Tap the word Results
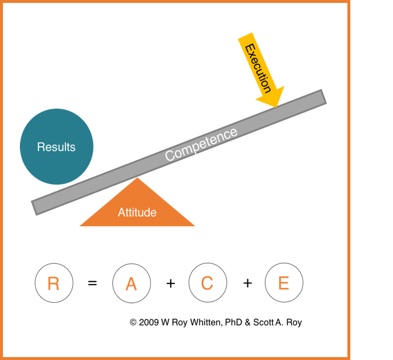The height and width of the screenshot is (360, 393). point(56,147)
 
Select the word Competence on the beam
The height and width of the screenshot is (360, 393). point(201,144)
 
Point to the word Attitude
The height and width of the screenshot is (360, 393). point(137,213)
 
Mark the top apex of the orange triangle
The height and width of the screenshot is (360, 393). point(137,178)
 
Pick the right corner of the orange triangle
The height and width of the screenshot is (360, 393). point(194,226)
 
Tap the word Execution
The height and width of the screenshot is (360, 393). point(258,68)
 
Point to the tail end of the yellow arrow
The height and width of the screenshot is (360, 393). point(244,36)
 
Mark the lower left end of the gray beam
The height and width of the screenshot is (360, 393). point(35,208)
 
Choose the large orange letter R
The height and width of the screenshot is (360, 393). point(53,284)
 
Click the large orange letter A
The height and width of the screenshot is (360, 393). point(132,284)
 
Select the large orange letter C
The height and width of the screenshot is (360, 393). point(207,283)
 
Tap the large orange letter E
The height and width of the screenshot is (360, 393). point(284,283)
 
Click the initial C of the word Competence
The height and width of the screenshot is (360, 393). point(170,156)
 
